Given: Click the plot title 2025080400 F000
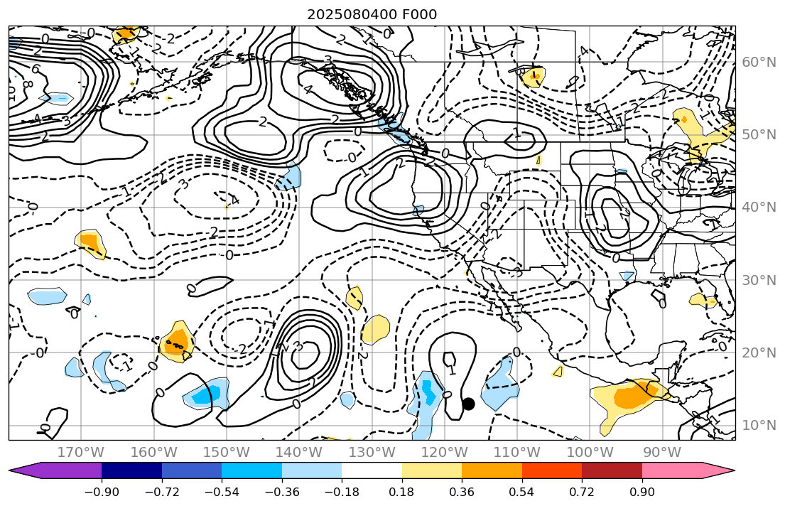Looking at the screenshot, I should click(372, 14).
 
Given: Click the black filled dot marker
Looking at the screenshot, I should click(468, 404).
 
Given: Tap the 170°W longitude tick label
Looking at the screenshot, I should click(81, 452).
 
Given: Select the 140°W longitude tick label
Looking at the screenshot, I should click(299, 452).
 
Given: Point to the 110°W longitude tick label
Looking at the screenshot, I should click(516, 452).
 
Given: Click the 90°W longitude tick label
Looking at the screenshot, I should click(661, 452).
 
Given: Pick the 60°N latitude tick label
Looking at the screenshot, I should click(758, 63).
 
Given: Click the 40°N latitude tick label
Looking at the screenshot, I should click(758, 208).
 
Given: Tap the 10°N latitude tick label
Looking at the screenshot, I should click(758, 425).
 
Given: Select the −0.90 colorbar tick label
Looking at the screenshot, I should click(102, 492).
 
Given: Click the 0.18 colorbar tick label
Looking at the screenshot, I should click(402, 492).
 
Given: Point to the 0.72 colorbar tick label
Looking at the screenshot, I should click(582, 492).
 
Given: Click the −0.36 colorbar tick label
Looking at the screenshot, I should click(281, 492).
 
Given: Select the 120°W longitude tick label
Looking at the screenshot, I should click(444, 452).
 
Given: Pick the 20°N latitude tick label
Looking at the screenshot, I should click(758, 352).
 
